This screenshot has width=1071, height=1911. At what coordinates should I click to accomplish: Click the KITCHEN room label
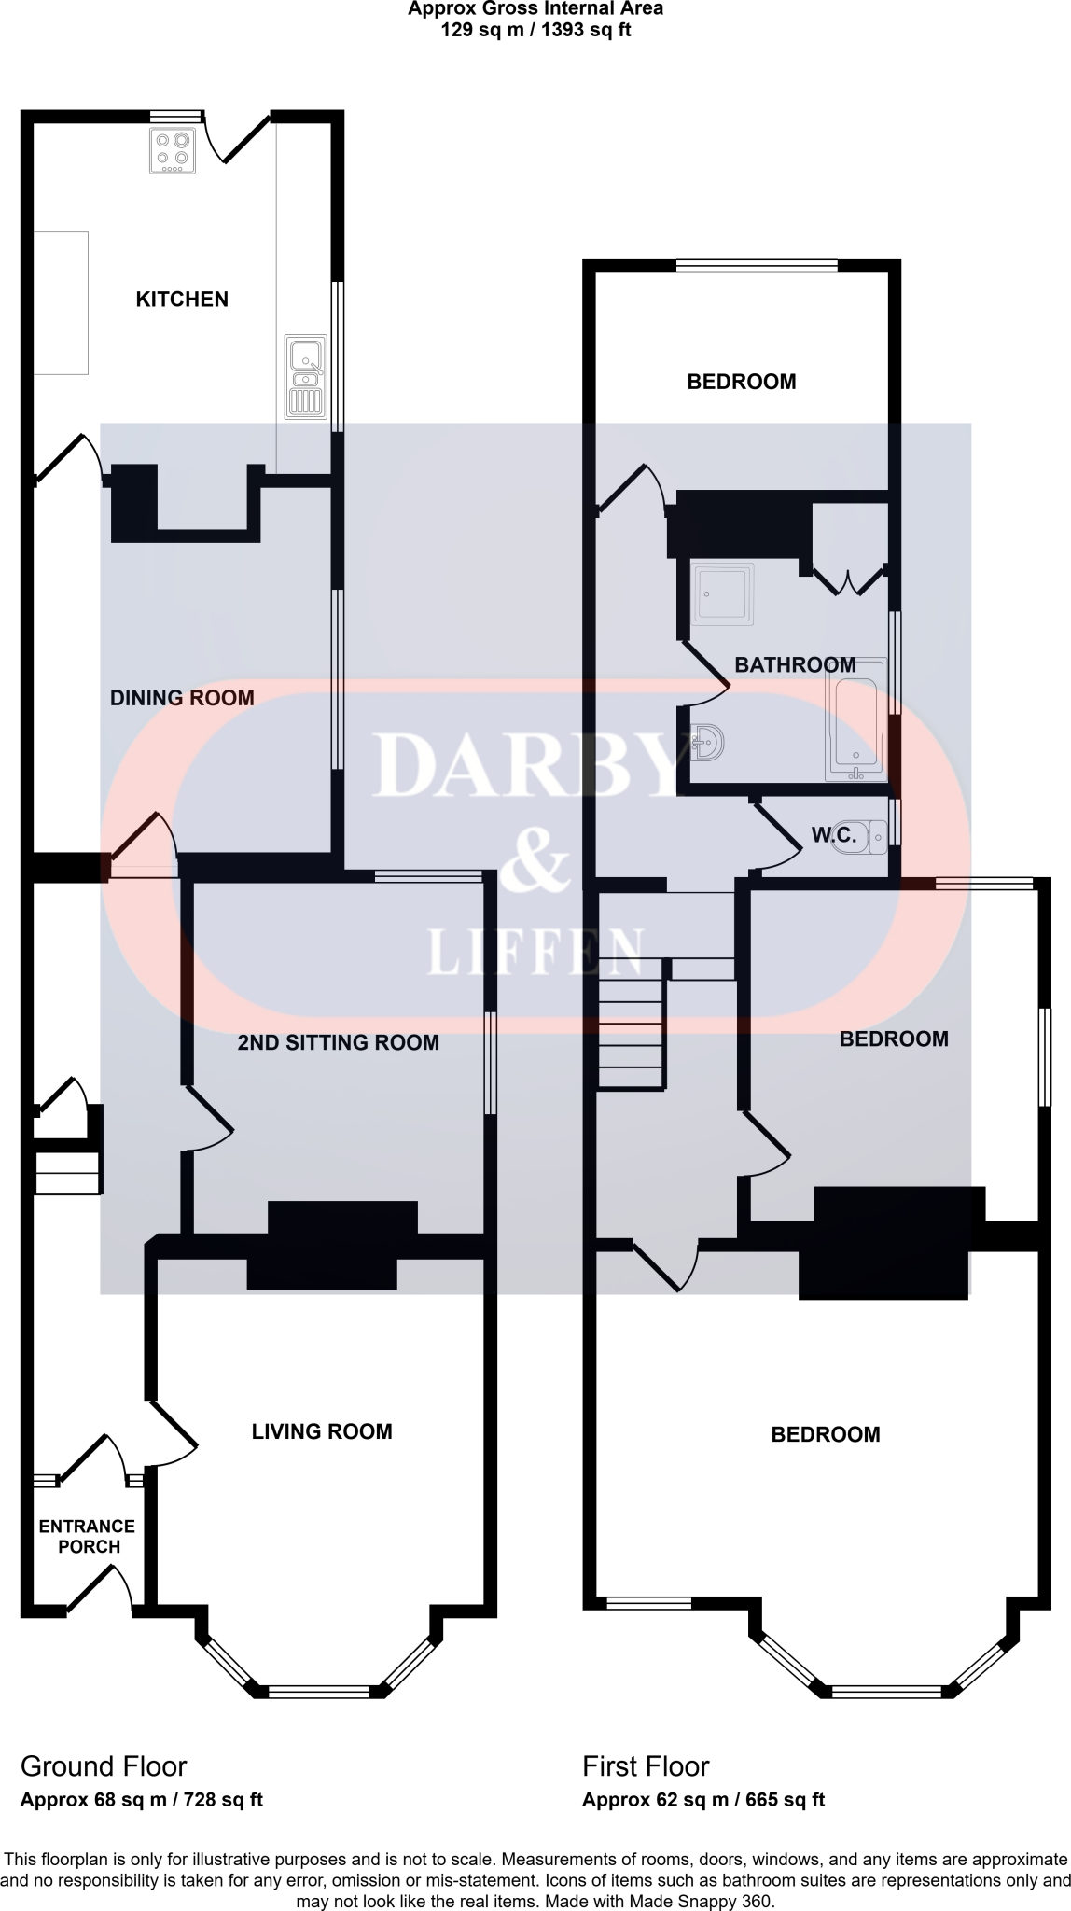tap(182, 300)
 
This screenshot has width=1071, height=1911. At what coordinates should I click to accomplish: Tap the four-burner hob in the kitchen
tap(173, 151)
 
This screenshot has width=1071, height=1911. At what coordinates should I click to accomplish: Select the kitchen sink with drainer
tap(306, 375)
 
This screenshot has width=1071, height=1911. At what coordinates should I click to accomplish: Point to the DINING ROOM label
tap(182, 698)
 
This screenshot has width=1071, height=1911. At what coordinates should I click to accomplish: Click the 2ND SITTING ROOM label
tap(338, 1042)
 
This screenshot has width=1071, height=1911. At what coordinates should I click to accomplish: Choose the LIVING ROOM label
tap(322, 1431)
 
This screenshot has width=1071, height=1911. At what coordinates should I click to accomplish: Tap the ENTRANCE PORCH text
tap(87, 1536)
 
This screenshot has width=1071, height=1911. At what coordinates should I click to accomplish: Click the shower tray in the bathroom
tap(722, 593)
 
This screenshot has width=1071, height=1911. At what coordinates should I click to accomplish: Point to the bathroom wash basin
tap(708, 744)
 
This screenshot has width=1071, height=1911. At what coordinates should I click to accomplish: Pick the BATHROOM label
tap(795, 665)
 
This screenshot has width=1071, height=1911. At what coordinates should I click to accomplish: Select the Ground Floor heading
tap(104, 1766)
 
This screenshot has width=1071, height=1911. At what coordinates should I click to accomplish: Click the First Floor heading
tap(646, 1766)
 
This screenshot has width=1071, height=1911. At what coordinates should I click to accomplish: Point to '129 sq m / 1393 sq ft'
tap(535, 30)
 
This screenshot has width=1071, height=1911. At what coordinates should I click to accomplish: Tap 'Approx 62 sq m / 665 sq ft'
tap(703, 1800)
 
